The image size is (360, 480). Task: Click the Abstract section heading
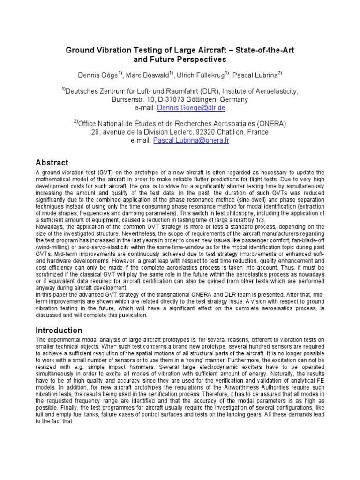pyautogui.click(x=52, y=163)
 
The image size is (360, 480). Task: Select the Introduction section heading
pyautogui.click(x=59, y=330)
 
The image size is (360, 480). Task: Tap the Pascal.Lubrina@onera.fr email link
pyautogui.click(x=191, y=140)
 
